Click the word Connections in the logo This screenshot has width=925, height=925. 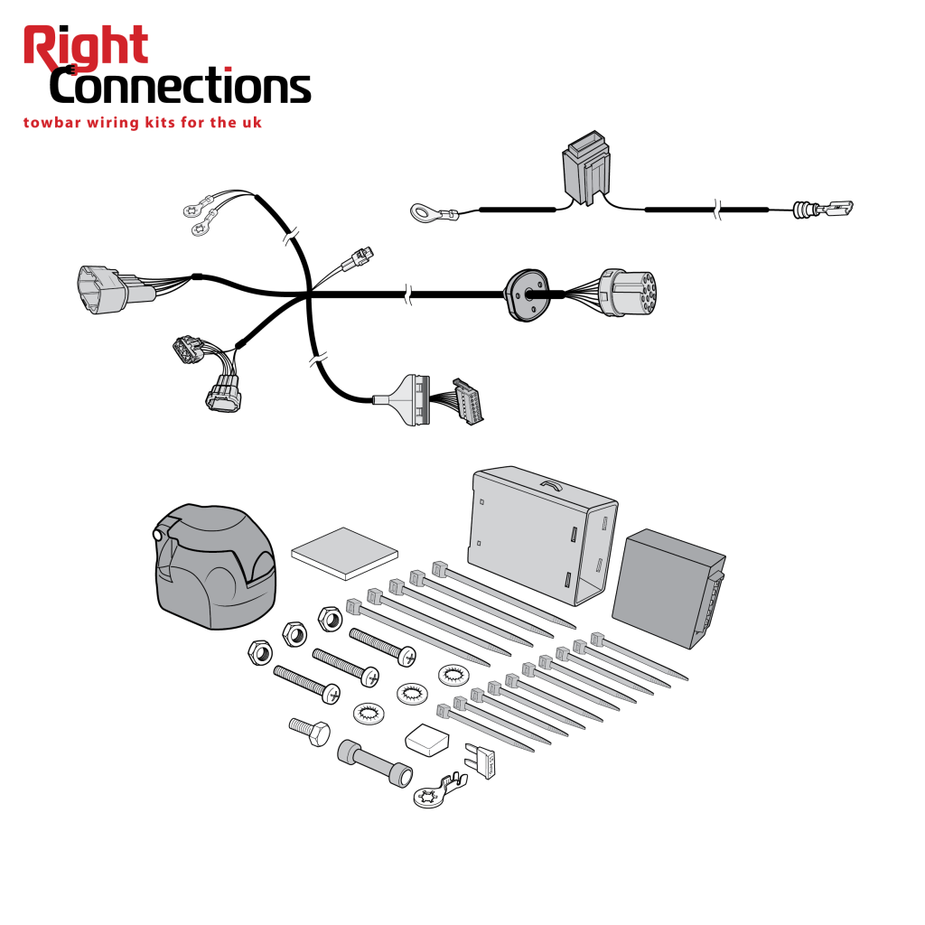[x=181, y=86]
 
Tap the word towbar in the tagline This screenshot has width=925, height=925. [x=51, y=123]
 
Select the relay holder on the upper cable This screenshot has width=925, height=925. [x=585, y=168]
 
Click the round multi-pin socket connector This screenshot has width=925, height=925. [x=628, y=293]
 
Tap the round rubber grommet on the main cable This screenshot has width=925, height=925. [x=527, y=295]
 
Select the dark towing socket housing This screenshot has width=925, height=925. [x=215, y=565]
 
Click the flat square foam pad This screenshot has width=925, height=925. [x=344, y=554]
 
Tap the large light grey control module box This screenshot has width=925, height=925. [x=542, y=535]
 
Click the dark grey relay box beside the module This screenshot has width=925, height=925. [x=668, y=587]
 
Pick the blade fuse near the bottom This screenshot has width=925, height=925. [x=481, y=761]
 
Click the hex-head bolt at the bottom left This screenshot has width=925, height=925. [x=310, y=732]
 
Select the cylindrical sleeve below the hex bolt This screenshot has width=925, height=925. [x=375, y=763]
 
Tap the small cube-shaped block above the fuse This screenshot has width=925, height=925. [x=427, y=740]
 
